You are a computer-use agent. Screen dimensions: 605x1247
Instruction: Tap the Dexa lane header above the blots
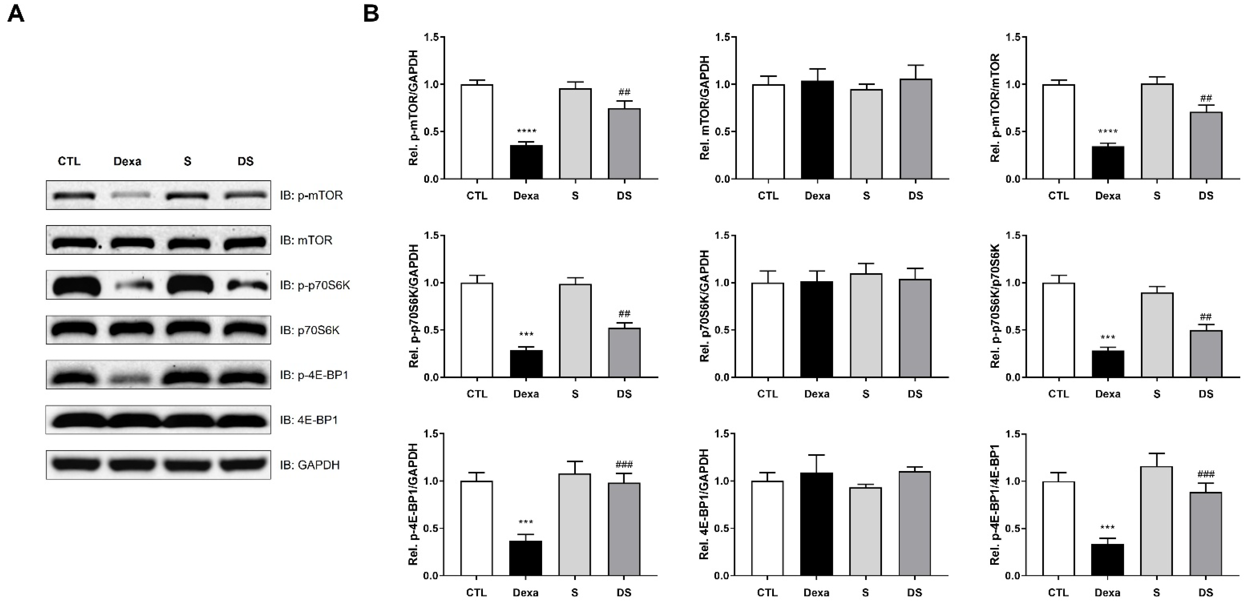coord(127,161)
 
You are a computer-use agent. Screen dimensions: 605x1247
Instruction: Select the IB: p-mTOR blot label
coord(311,195)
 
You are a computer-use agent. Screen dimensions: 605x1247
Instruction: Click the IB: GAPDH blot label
coord(310,465)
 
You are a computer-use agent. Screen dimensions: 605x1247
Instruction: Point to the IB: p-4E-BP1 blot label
coord(314,375)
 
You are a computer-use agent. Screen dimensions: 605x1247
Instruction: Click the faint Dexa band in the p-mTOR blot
coord(127,195)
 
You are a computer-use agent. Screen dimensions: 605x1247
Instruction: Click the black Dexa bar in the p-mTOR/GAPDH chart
coord(526,162)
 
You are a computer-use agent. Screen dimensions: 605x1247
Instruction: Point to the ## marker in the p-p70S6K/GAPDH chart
coord(624,314)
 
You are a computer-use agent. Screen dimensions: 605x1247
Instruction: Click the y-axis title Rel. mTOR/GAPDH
coord(705,108)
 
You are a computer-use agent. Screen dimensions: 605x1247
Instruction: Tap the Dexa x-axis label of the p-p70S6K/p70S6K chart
coord(1108,394)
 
